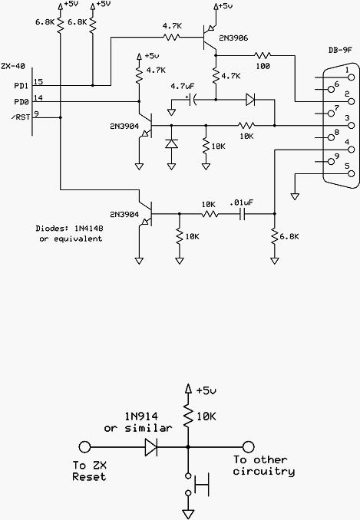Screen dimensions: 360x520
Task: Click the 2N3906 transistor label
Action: [x=233, y=38]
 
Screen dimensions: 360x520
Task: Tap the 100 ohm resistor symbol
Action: [x=263, y=55]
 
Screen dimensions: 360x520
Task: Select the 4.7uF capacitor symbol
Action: [x=192, y=99]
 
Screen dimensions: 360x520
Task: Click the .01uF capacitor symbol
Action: [x=243, y=214]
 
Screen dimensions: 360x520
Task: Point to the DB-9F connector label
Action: [x=340, y=51]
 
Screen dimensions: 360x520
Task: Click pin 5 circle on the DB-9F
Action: [x=351, y=173]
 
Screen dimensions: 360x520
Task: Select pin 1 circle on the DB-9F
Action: [x=351, y=77]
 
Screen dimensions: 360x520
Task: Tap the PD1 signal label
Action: [x=21, y=86]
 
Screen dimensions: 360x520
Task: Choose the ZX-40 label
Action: [x=13, y=66]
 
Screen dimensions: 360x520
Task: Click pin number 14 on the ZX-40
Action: [x=38, y=98]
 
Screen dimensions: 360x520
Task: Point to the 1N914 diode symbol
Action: [x=151, y=447]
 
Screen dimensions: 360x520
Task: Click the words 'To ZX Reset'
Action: [x=90, y=471]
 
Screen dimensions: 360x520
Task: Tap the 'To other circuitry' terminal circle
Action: [x=248, y=447]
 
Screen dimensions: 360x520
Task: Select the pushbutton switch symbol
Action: [x=197, y=485]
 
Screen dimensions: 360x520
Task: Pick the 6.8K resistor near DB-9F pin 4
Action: [x=274, y=236]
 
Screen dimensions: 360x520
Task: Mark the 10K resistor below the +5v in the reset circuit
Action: [x=188, y=416]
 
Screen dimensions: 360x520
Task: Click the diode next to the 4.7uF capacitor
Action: [x=250, y=99]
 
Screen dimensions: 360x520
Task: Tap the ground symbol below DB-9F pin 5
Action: [x=295, y=196]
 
